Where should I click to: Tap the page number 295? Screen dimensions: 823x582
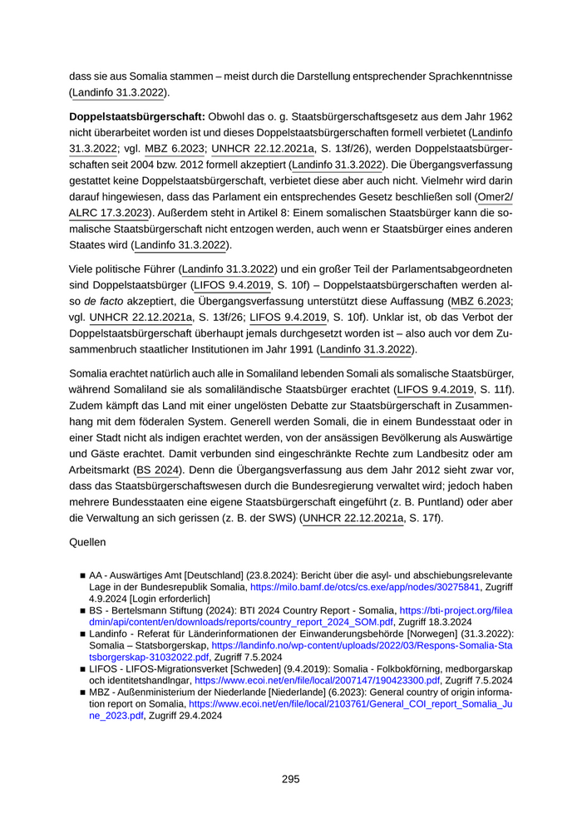[x=290, y=779]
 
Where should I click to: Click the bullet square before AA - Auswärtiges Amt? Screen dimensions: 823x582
[x=83, y=575]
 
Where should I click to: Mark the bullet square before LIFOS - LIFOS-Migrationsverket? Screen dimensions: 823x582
[x=83, y=668]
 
